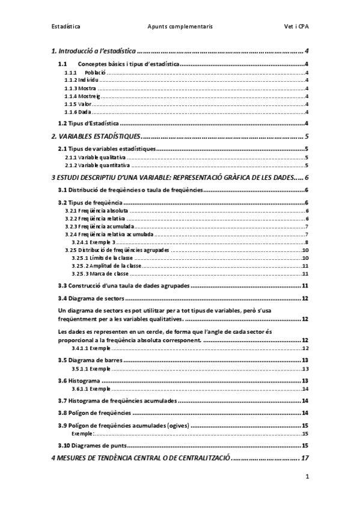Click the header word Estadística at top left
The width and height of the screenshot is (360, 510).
[x=66, y=26]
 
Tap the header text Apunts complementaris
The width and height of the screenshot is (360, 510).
[x=180, y=26]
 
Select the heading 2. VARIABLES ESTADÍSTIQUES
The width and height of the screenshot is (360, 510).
[x=96, y=137]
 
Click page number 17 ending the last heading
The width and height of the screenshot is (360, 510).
[x=305, y=458]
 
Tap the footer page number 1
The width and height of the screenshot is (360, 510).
[x=307, y=478]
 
